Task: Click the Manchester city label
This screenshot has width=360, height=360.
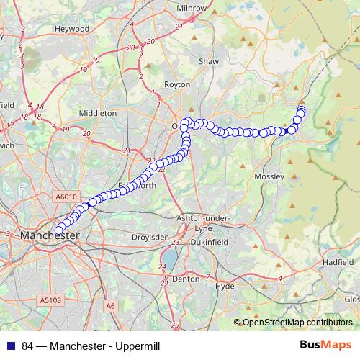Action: point(50,235)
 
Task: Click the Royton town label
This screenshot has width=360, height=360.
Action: point(177,84)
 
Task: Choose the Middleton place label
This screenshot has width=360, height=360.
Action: point(98,113)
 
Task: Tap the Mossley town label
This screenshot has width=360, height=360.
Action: point(270,176)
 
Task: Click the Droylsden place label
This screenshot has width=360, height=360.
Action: point(150,237)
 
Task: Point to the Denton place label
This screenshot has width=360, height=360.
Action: point(186,278)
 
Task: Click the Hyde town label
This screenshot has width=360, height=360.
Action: point(225,286)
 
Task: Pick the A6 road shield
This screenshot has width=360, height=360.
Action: point(110,306)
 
